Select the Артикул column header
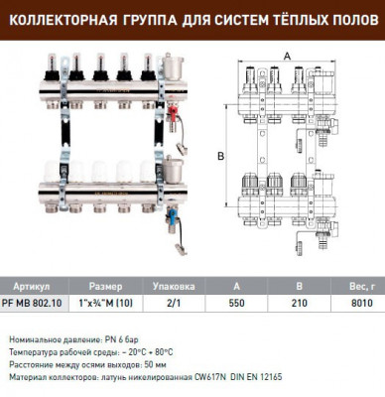[x=27, y=281]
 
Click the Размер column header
[x=106, y=281]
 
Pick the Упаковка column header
[x=180, y=281]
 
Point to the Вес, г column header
[x=359, y=281]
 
